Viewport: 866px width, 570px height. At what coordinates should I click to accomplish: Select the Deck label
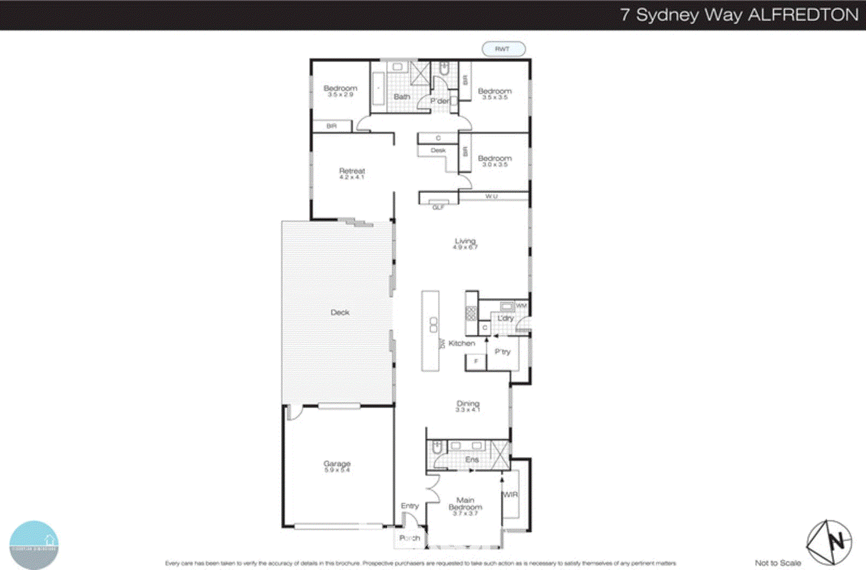click(x=340, y=312)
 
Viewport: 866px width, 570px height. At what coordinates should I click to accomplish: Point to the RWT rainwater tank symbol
click(x=503, y=49)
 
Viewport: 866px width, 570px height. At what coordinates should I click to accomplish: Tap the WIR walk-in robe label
click(x=510, y=494)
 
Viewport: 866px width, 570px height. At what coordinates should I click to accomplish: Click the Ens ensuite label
click(x=471, y=459)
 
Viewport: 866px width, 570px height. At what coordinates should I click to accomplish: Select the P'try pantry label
click(x=502, y=352)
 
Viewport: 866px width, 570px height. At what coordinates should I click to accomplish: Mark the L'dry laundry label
click(x=506, y=318)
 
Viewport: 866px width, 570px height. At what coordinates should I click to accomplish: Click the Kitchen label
click(x=462, y=343)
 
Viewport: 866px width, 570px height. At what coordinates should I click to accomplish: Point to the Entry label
click(x=410, y=506)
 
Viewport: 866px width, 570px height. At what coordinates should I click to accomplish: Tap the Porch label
click(x=410, y=538)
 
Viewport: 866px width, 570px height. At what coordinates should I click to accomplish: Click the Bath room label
click(x=402, y=96)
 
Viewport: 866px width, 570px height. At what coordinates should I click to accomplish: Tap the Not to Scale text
click(x=778, y=563)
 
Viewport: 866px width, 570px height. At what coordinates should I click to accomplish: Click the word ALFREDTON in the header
click(x=803, y=15)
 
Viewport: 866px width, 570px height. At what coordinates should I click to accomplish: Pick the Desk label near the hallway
click(x=438, y=150)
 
